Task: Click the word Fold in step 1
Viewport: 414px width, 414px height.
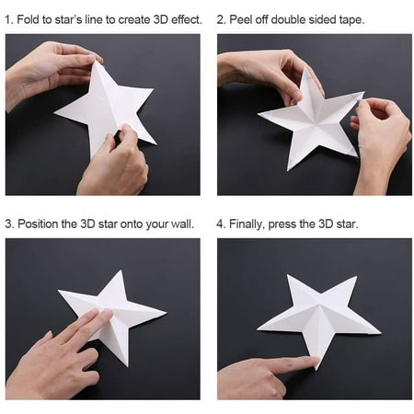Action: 29,19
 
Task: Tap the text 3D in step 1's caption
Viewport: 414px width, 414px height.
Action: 161,19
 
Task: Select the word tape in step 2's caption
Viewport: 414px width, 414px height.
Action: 351,20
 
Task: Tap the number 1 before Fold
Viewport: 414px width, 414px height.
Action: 8,19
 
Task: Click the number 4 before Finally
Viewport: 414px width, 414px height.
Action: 220,224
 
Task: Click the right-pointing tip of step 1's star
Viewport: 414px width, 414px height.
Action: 153,89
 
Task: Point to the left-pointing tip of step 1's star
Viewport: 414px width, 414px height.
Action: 54,113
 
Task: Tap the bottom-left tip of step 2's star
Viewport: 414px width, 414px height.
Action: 288,170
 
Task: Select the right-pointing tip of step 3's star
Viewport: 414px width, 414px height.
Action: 166,313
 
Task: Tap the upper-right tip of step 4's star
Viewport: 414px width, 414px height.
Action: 357,277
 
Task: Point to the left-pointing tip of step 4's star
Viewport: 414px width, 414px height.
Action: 258,329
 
